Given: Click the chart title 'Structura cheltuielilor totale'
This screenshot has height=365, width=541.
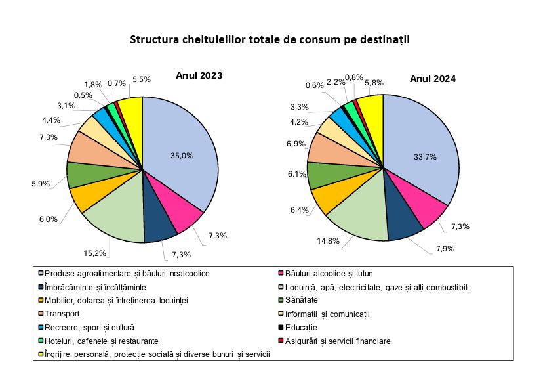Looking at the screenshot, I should (270, 40).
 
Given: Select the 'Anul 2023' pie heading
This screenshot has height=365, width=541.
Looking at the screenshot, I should (199, 76).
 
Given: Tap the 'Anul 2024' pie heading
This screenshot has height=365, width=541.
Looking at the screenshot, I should (433, 79).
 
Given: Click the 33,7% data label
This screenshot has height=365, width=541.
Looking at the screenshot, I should (425, 157).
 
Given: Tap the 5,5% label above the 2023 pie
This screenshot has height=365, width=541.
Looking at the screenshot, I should (141, 79).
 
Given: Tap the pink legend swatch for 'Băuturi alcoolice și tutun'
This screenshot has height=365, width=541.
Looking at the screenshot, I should (281, 274).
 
